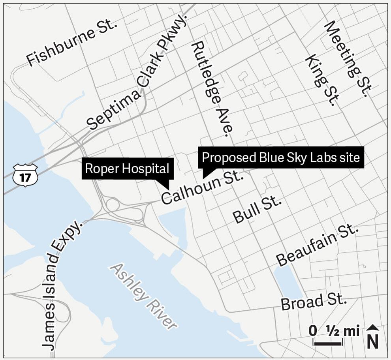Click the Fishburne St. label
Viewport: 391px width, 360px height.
pos(72,43)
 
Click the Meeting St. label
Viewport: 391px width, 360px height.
pos(346,59)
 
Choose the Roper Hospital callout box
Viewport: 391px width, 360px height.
pos(127,169)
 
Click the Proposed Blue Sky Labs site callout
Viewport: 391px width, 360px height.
pos(281,157)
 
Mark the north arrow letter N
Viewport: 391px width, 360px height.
pos(372,341)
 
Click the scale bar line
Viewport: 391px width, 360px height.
pos(327,344)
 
